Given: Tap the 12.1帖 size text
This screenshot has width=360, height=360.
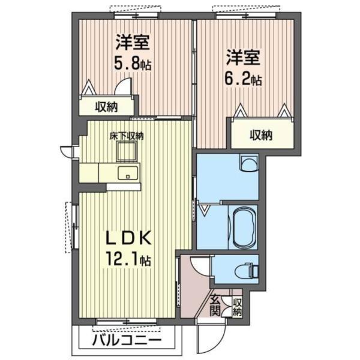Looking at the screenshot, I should pyautogui.click(x=129, y=260).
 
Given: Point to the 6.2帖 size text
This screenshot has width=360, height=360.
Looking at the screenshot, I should pyautogui.click(x=243, y=78).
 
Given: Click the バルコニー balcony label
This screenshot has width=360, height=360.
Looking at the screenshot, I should pyautogui.click(x=127, y=342).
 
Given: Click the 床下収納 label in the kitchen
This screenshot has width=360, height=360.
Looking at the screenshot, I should pyautogui.click(x=126, y=136).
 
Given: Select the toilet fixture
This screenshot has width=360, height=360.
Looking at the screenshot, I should pyautogui.click(x=247, y=270).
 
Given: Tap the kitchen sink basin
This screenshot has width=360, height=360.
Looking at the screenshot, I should pyautogui.click(x=128, y=174).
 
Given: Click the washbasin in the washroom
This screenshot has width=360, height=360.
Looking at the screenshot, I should pyautogui.click(x=247, y=164).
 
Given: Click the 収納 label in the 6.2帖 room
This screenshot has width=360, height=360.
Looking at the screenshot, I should pyautogui.click(x=260, y=135).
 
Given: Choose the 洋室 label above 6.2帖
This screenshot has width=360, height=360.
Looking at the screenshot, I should pyautogui.click(x=243, y=58).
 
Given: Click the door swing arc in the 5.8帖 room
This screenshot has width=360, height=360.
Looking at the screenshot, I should pyautogui.click(x=124, y=88).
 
